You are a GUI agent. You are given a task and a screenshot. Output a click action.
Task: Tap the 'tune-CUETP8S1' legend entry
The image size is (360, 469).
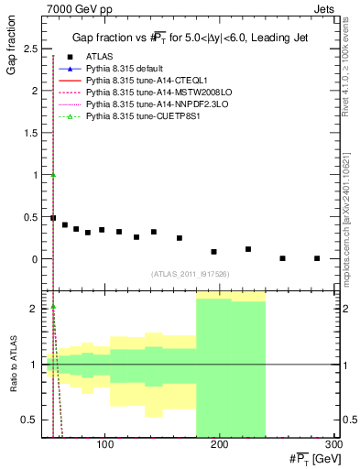136,117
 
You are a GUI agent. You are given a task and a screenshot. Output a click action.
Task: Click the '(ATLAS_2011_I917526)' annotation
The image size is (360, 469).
190,274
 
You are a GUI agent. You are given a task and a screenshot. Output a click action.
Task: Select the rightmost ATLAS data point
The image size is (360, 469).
317,258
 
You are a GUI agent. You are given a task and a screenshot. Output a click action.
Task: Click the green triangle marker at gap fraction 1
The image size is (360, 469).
53,175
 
